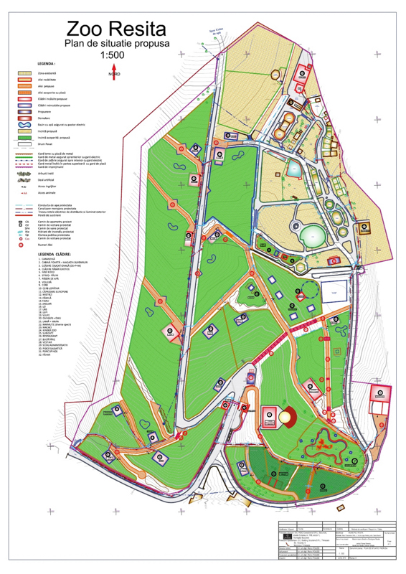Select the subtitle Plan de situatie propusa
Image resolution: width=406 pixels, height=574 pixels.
[x=116, y=44]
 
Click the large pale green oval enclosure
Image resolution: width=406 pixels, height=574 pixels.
[x=312, y=235]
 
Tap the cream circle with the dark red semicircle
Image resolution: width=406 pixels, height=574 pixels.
[x=286, y=416]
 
